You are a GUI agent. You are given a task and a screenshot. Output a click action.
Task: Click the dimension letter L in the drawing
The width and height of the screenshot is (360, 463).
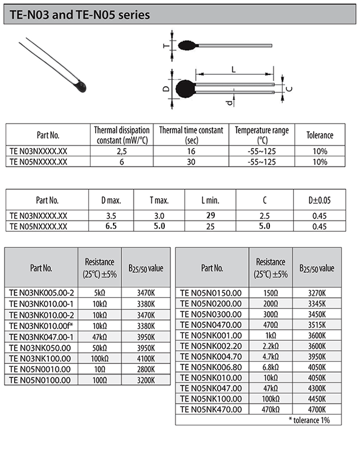point(233,69)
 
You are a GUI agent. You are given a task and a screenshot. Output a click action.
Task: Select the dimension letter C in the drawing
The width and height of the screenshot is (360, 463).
point(289,89)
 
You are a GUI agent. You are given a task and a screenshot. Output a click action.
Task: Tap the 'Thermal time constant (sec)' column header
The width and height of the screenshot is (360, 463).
point(191,135)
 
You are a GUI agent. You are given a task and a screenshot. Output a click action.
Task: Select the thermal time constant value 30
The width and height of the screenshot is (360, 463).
point(191,161)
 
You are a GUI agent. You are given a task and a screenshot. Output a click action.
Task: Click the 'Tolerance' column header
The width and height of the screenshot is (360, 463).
point(319,135)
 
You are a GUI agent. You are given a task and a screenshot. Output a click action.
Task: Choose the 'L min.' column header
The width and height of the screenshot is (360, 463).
point(210,200)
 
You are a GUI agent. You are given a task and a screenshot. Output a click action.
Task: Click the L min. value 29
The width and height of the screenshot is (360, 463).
point(210,216)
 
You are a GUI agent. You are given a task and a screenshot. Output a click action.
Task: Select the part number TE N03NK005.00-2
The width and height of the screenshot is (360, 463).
point(42,293)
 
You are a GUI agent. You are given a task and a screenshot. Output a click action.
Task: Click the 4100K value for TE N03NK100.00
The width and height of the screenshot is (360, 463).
point(146,358)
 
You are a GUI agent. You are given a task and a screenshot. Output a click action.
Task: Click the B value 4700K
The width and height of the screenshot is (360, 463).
point(317,409)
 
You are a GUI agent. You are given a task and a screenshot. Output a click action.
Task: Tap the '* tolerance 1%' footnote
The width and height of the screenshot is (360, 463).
point(309,420)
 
